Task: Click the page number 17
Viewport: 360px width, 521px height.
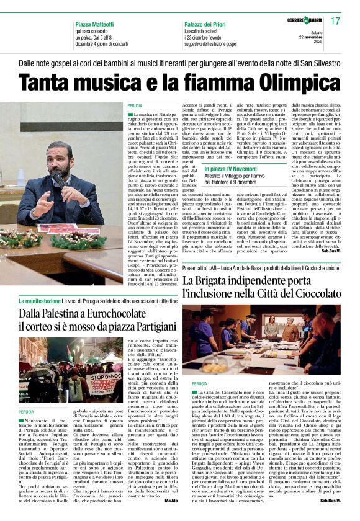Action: tap(336, 21)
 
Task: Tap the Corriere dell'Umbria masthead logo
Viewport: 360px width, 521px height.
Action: tap(305, 22)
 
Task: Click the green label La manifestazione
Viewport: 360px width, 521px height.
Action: tap(40, 301)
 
